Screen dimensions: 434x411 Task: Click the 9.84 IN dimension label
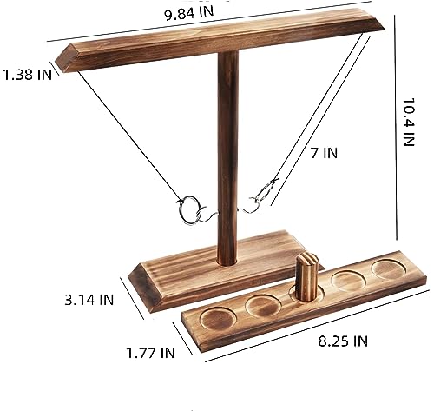[189, 13]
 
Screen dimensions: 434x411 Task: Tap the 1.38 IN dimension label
[27, 75]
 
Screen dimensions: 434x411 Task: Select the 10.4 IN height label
[409, 122]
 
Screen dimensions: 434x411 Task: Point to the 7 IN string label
[324, 153]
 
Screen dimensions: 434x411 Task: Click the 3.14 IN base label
[89, 300]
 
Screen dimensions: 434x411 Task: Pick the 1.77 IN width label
[151, 353]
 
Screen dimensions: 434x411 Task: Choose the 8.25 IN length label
[343, 341]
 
